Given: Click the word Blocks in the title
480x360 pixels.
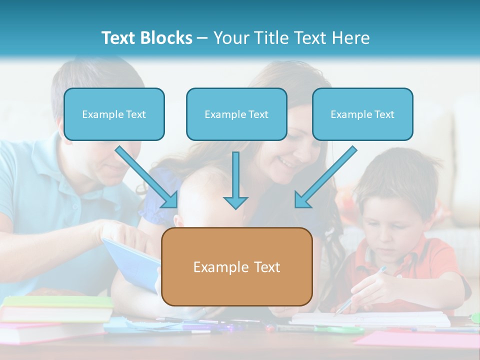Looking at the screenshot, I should coord(166,38).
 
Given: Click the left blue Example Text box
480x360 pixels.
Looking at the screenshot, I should coord(114,114).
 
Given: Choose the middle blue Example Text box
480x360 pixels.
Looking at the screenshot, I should coord(236,114).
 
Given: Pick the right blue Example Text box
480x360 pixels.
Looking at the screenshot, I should coord(362,114).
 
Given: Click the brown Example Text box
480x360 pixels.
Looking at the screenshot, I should coord(236,266).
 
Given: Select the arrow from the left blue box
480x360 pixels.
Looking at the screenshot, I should coord(147,177).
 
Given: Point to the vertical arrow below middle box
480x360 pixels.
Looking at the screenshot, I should coord(235,180).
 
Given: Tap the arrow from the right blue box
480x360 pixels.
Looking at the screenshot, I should coord(325,177).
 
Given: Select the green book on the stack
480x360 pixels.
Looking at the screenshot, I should coord(57,302).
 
